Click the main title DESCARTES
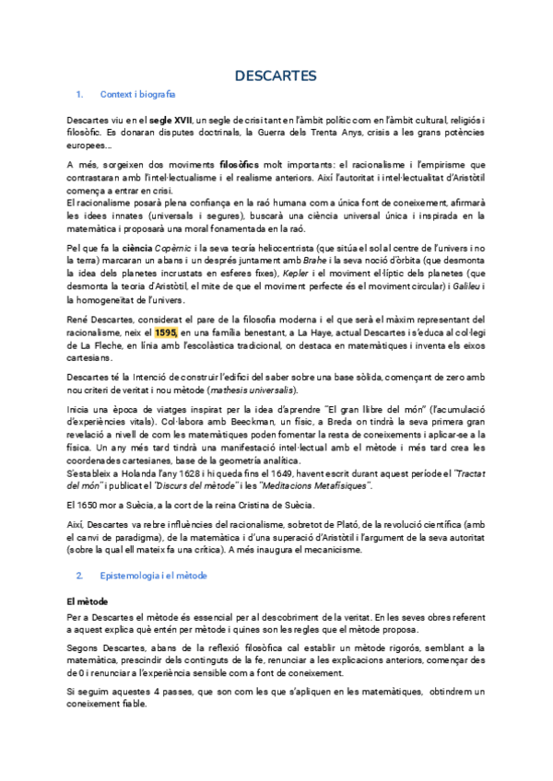pyautogui.click(x=276, y=75)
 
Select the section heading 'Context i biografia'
pyautogui.click(x=136, y=94)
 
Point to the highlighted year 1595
pyautogui.click(x=167, y=332)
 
